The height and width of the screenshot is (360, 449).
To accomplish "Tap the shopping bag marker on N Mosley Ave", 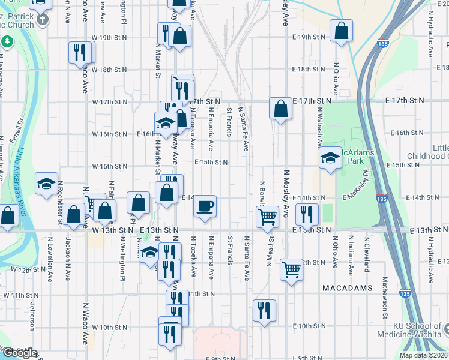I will tap(280, 109).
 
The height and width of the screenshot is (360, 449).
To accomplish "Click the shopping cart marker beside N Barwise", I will tap(267, 217).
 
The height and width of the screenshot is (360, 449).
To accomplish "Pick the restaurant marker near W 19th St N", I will tap(78, 52).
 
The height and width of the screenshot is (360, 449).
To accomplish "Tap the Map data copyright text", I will tap(424, 355).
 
